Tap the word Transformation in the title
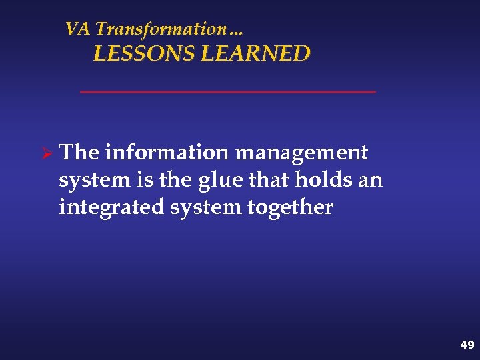160,29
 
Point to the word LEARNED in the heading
255,54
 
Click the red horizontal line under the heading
227,91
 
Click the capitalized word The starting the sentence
79,153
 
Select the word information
167,153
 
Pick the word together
290,208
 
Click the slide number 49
467,345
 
